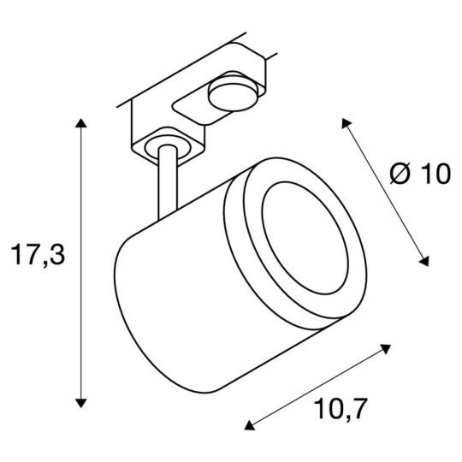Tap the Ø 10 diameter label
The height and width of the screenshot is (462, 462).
pyautogui.click(x=419, y=175)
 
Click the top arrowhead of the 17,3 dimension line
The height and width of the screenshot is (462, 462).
pyautogui.click(x=81, y=126)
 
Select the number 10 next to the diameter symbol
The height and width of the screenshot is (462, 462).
pyautogui.click(x=434, y=175)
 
